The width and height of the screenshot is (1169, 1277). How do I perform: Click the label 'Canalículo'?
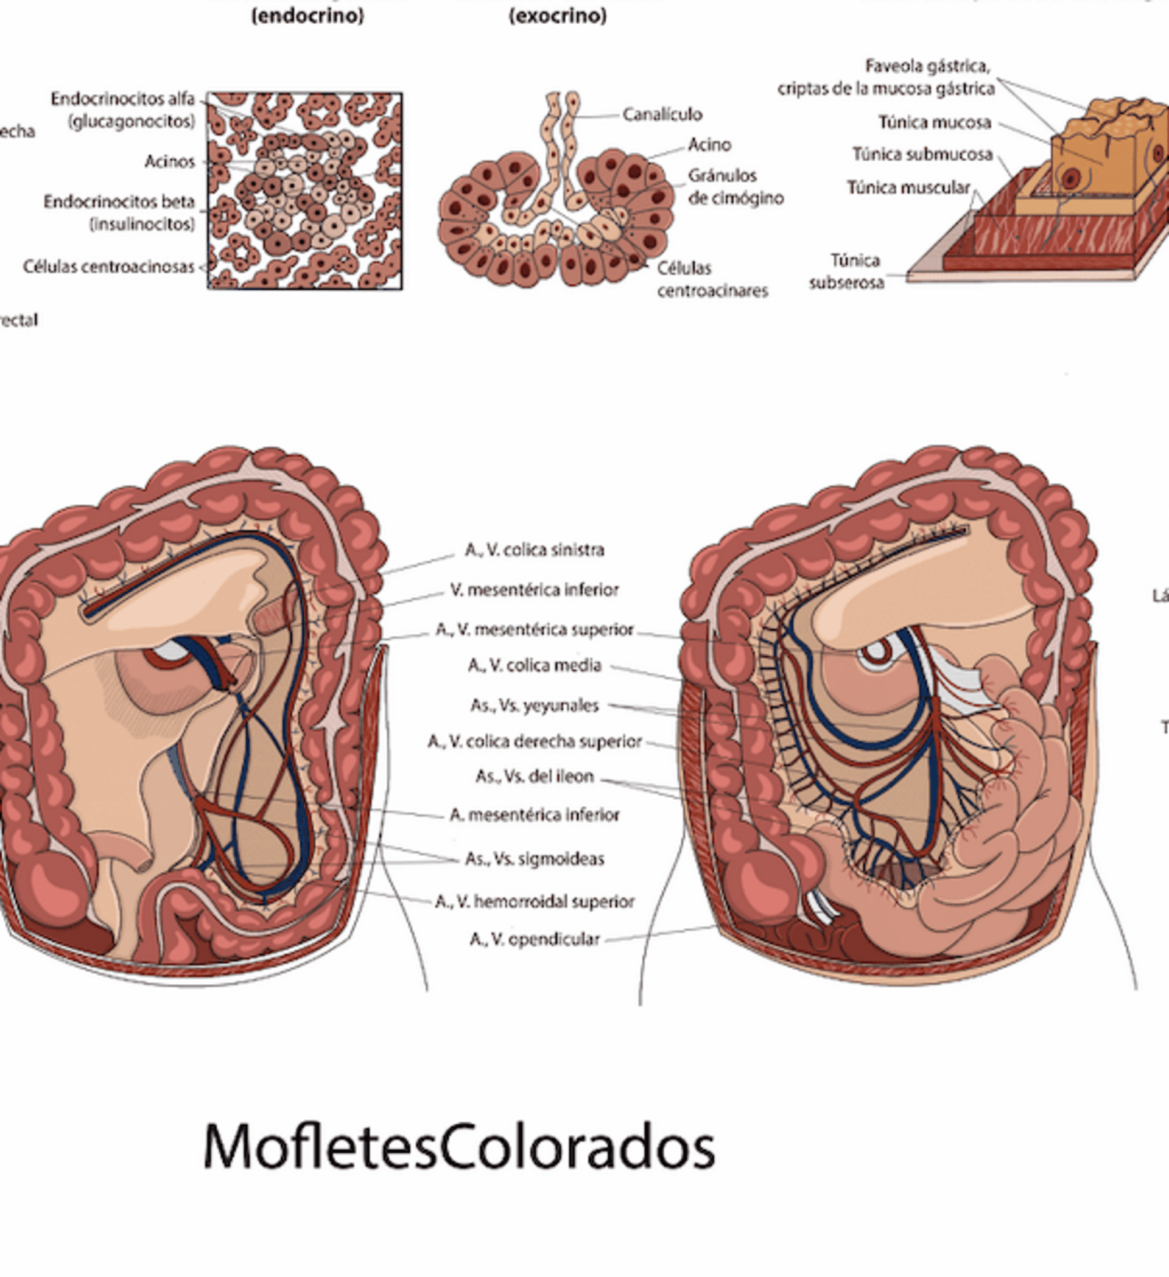click(x=662, y=114)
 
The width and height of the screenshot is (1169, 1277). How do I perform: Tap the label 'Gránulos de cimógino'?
click(x=735, y=187)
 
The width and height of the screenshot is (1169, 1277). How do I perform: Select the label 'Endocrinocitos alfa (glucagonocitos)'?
click(x=124, y=110)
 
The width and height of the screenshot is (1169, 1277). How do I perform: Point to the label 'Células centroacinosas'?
click(x=109, y=267)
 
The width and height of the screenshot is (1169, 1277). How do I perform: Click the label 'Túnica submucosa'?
click(x=922, y=155)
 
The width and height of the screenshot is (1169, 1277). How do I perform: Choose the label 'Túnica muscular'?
click(x=908, y=187)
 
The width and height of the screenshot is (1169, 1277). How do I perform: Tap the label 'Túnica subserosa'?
click(x=847, y=271)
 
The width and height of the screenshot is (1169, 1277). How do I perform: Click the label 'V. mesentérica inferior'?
click(x=534, y=590)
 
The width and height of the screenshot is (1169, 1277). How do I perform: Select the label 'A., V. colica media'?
click(x=534, y=665)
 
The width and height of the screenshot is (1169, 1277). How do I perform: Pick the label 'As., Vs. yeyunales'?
click(x=534, y=705)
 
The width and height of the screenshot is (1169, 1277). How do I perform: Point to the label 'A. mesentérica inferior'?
click(x=534, y=814)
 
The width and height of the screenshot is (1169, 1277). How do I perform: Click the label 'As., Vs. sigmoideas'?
click(x=534, y=858)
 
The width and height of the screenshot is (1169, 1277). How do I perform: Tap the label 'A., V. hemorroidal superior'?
click(x=534, y=901)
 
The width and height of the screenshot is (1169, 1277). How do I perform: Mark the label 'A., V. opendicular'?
click(x=534, y=939)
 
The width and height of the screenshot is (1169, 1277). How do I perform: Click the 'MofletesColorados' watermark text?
click(x=458, y=1147)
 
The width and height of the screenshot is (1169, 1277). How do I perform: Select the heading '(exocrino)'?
click(x=558, y=16)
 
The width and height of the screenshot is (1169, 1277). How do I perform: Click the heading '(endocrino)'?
click(x=307, y=16)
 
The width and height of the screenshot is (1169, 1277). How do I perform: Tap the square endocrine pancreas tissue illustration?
click(x=305, y=191)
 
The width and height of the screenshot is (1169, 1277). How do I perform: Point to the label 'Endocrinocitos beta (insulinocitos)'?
click(x=119, y=213)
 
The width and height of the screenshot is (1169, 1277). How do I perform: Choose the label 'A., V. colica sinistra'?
click(x=534, y=550)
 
